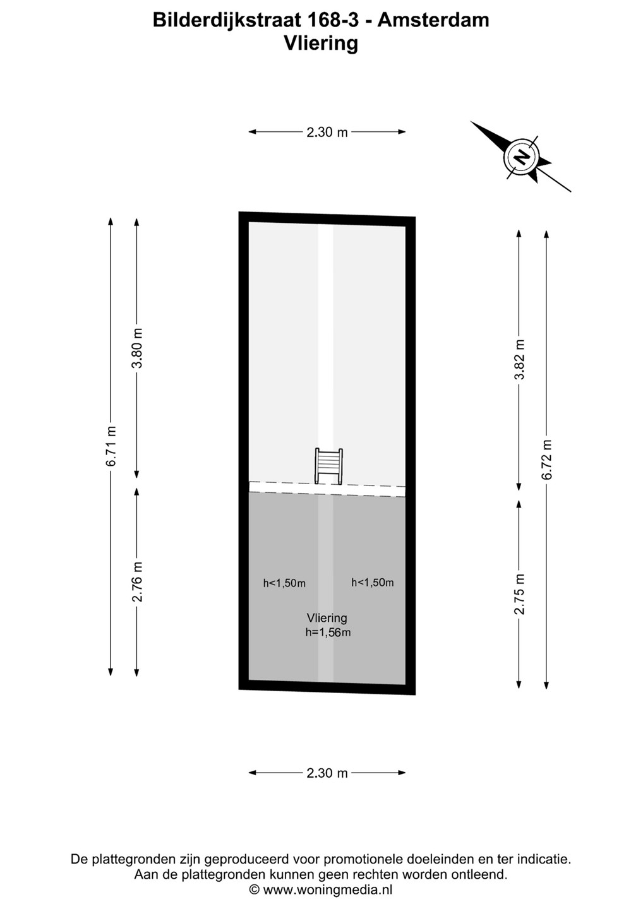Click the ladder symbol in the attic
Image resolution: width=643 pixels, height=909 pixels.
tap(328, 466)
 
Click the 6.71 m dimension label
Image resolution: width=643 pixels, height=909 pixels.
tap(111, 446)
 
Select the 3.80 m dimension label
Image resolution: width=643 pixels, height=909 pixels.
tap(137, 347)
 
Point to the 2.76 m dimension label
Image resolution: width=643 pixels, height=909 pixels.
tap(137, 581)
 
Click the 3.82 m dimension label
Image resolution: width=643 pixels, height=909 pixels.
tap(519, 359)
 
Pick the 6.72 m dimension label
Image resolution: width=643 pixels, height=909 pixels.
tap(547, 460)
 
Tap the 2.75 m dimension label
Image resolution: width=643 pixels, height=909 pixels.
tap(519, 593)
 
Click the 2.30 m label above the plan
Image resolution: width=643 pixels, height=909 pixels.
tap(327, 133)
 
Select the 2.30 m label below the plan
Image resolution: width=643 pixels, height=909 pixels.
tap(327, 773)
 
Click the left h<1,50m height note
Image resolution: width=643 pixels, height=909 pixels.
tap(284, 583)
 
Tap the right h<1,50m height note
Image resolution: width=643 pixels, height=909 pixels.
tap(372, 582)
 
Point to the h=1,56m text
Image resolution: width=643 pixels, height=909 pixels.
tap(328, 632)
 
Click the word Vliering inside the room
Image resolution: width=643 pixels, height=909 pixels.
tap(327, 617)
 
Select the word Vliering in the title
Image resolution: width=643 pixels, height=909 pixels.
tap(321, 44)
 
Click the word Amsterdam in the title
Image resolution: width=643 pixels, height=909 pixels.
tap(433, 20)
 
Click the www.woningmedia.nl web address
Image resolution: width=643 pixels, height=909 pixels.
tap(328, 889)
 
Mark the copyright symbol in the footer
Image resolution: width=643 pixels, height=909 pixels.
tap(255, 889)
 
